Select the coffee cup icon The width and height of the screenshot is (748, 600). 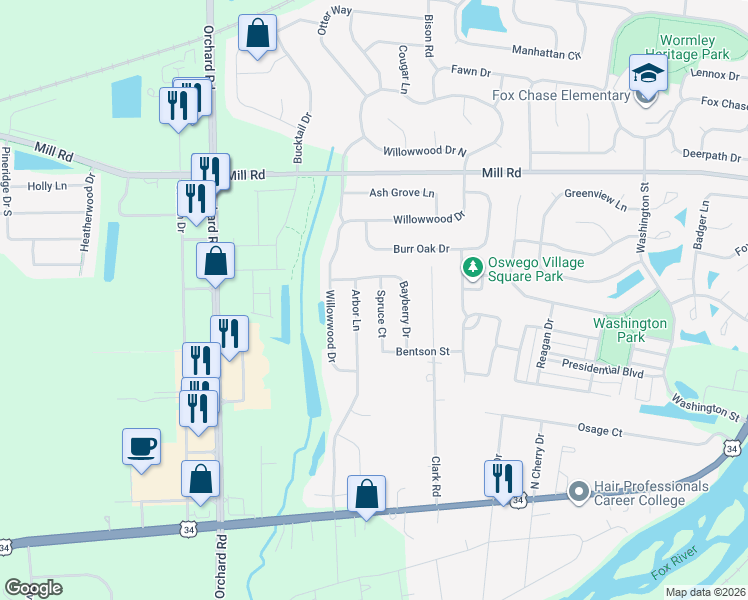click(x=141, y=445)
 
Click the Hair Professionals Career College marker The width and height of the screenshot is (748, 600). click(x=577, y=491)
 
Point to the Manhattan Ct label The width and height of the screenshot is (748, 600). click(x=545, y=53)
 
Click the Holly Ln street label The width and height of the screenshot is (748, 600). click(x=46, y=186)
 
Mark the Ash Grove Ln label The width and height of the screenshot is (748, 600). click(x=402, y=193)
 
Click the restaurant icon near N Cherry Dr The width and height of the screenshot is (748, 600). click(x=503, y=479)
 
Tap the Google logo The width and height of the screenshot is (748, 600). click(x=33, y=588)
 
